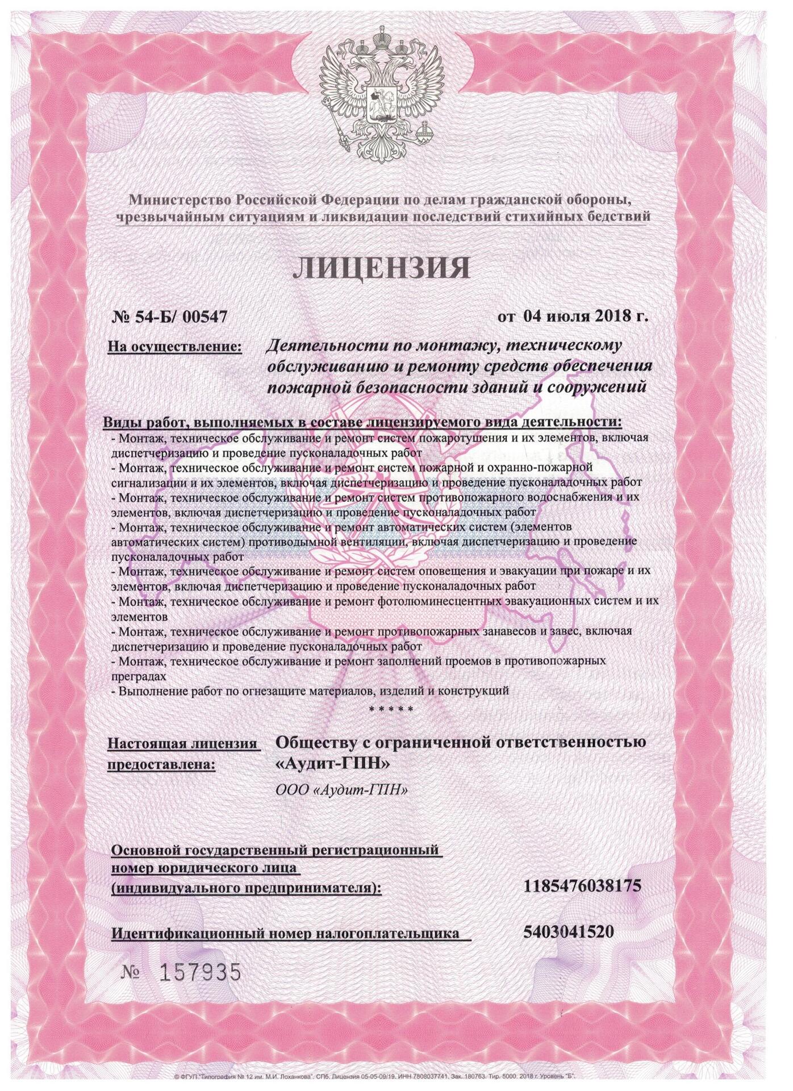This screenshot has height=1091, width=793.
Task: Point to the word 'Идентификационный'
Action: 190,934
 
